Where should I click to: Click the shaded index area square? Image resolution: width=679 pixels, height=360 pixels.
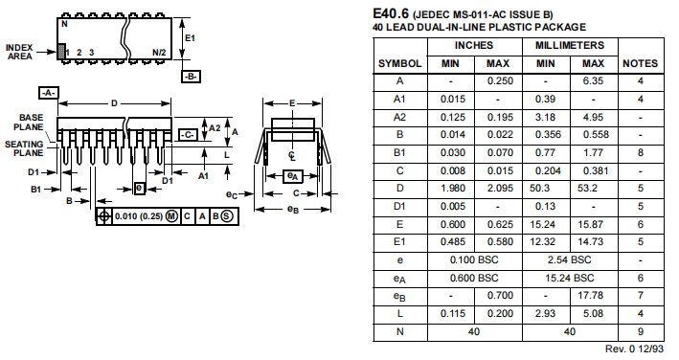click(61, 52)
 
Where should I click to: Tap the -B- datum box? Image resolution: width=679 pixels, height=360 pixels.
click(191, 77)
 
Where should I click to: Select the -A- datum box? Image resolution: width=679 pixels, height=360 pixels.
click(49, 93)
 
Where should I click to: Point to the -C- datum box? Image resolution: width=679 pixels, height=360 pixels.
click(188, 135)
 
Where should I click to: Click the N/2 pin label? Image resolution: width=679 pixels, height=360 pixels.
click(159, 53)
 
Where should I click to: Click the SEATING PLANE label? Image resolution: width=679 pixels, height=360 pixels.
click(24, 148)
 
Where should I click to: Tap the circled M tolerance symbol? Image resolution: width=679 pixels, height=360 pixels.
click(172, 216)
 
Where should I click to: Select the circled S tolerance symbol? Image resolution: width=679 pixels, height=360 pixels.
click(227, 216)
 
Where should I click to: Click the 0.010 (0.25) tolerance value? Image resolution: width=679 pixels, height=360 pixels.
click(139, 216)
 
